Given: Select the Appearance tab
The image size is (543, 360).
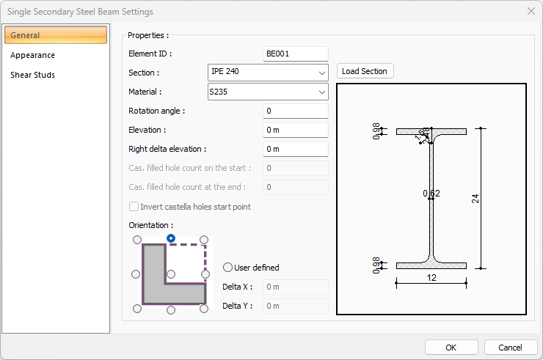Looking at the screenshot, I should click(x=32, y=55).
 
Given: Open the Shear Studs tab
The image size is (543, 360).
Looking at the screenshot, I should click(x=32, y=75).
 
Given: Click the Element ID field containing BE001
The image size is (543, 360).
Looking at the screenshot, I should click(x=295, y=54).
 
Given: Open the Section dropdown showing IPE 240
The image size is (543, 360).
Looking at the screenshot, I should click(x=268, y=72).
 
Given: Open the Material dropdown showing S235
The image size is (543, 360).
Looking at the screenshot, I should click(x=268, y=92).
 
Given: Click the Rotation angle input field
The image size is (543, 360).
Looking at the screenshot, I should click(x=295, y=111).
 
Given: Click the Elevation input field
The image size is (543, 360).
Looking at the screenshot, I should click(x=295, y=130).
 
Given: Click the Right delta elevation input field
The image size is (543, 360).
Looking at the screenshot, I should click(x=295, y=149).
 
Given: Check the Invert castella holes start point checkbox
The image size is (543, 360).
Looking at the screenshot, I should click(x=134, y=207).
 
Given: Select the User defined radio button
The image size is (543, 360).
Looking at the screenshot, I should click(x=227, y=268).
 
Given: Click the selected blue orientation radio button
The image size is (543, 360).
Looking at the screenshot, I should click(x=171, y=238).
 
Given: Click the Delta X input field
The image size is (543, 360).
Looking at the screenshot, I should click(x=295, y=287).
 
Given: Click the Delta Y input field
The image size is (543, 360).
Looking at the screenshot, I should click(x=295, y=306).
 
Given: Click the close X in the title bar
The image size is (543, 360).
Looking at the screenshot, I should click(x=531, y=11).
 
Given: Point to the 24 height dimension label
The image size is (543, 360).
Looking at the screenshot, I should click(x=475, y=198).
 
